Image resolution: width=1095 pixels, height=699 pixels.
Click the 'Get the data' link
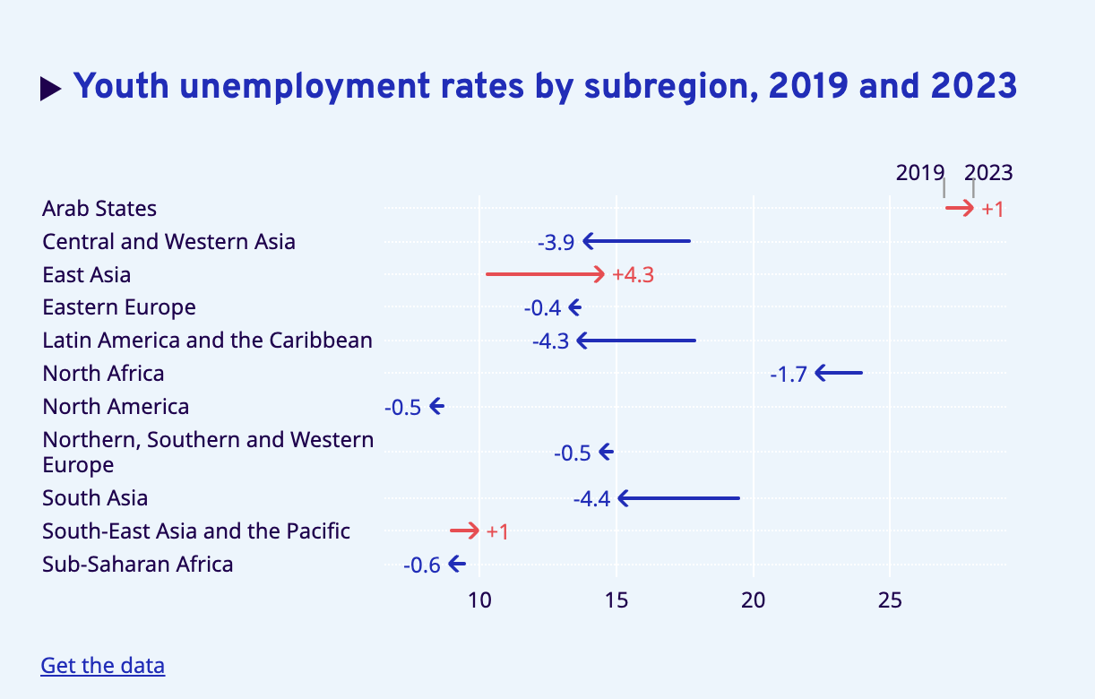(102, 666)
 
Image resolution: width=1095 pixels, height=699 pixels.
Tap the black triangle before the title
(51, 88)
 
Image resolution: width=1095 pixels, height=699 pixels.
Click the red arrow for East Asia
(546, 274)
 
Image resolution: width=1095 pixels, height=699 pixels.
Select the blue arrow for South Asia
(679, 498)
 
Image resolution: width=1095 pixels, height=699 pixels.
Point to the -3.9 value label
(556, 242)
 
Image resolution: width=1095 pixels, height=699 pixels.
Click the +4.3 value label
(633, 275)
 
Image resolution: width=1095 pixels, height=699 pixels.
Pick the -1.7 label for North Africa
(789, 374)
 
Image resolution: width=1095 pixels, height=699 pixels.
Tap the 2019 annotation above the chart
(920, 173)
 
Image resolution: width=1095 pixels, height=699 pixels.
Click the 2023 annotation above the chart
(988, 173)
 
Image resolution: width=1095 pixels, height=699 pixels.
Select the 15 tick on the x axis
(616, 600)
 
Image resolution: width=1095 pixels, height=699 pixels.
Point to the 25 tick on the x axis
(890, 600)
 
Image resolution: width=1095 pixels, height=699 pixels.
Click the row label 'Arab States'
(99, 209)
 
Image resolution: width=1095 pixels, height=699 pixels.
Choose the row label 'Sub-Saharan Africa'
(138, 565)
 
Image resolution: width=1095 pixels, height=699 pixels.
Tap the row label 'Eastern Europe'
(119, 307)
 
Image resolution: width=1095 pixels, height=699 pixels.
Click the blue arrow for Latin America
(636, 341)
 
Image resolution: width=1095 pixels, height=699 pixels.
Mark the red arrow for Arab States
(960, 209)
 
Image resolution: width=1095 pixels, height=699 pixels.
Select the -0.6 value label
(422, 565)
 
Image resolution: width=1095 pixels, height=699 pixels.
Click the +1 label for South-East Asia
(497, 531)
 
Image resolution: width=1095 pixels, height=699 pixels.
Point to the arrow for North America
(436, 407)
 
